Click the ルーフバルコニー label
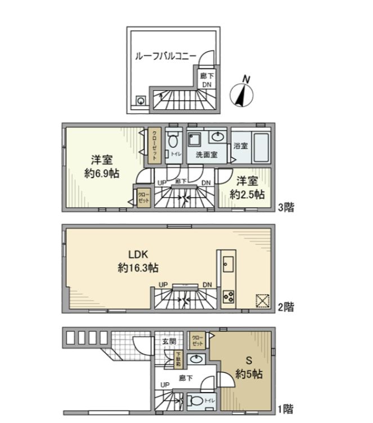pyautogui.click(x=165, y=56)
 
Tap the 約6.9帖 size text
pyautogui.click(x=101, y=173)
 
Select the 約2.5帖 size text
pyautogui.click(x=247, y=194)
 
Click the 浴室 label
pyautogui.click(x=241, y=145)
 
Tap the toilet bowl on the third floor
pyautogui.click(x=173, y=140)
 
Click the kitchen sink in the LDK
pyautogui.click(x=228, y=262)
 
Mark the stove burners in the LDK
pyautogui.click(x=228, y=296)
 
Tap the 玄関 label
pyautogui.click(x=169, y=341)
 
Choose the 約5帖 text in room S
pyautogui.click(x=247, y=375)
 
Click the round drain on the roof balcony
pyautogui.click(x=140, y=101)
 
